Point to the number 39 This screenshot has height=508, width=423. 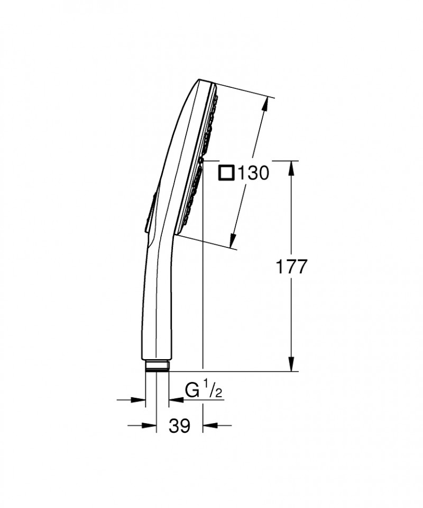tap(180, 425)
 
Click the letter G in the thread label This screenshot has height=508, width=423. tap(191, 391)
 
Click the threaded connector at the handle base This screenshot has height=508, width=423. tap(157, 366)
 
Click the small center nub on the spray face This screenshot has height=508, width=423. tap(201, 159)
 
